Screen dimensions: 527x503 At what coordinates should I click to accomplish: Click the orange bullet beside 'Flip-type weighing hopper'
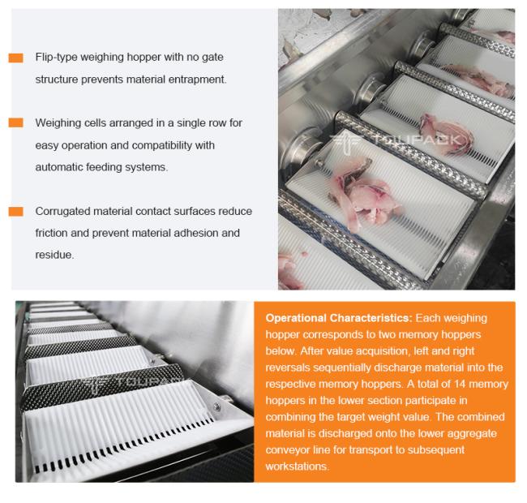click(x=15, y=58)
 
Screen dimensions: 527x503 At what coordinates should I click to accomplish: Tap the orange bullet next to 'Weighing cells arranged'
click(x=15, y=123)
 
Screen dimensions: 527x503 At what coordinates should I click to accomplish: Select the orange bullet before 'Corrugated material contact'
click(x=15, y=211)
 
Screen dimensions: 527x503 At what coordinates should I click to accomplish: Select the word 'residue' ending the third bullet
click(x=54, y=255)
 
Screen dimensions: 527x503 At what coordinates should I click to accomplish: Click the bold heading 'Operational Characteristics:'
click(x=338, y=318)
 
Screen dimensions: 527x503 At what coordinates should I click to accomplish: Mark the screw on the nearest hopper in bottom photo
click(x=217, y=407)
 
